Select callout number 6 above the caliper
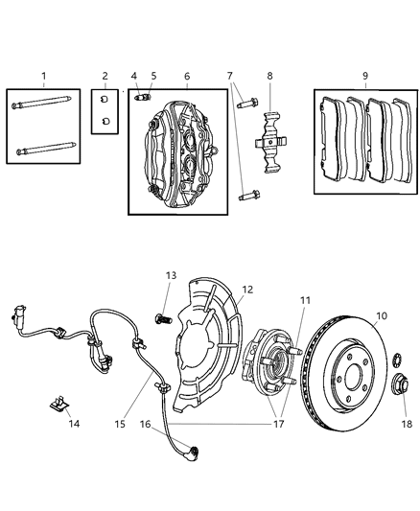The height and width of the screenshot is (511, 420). (x=186, y=76)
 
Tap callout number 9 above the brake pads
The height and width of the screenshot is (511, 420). (x=362, y=76)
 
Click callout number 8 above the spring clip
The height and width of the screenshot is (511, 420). (x=269, y=76)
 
